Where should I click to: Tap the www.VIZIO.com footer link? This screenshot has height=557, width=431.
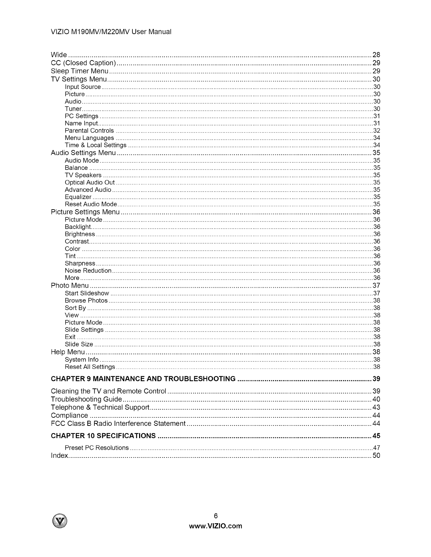pos(216,526)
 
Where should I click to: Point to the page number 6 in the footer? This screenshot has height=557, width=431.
pos(216,516)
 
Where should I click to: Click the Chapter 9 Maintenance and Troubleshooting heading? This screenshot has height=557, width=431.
pos(143,379)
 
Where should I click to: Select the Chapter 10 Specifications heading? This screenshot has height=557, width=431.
pos(103,436)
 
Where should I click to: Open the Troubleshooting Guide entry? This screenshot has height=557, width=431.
pos(86,399)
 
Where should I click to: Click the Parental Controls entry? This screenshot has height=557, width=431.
pos(89,131)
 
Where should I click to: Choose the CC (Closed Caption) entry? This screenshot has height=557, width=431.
pos(83,63)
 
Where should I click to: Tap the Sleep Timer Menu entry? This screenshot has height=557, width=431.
pos(80,71)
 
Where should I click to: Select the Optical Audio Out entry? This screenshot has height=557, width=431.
pos(90,183)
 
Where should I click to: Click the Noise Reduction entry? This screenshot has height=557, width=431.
pos(88,271)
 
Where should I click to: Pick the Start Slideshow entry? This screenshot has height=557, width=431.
pos(87,293)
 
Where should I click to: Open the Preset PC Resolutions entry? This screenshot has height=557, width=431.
pos(97,448)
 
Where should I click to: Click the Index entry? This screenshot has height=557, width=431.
pos(59,456)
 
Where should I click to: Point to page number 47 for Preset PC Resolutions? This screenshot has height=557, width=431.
pos(376,448)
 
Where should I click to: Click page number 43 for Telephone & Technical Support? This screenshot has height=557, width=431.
pos(376,407)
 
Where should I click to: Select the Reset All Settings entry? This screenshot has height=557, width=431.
pos(90,367)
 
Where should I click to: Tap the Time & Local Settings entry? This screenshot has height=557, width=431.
pos(95,145)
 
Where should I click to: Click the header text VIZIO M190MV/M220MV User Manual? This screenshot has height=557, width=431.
pos(111,32)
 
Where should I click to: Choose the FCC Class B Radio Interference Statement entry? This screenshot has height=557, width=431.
pos(118,423)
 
